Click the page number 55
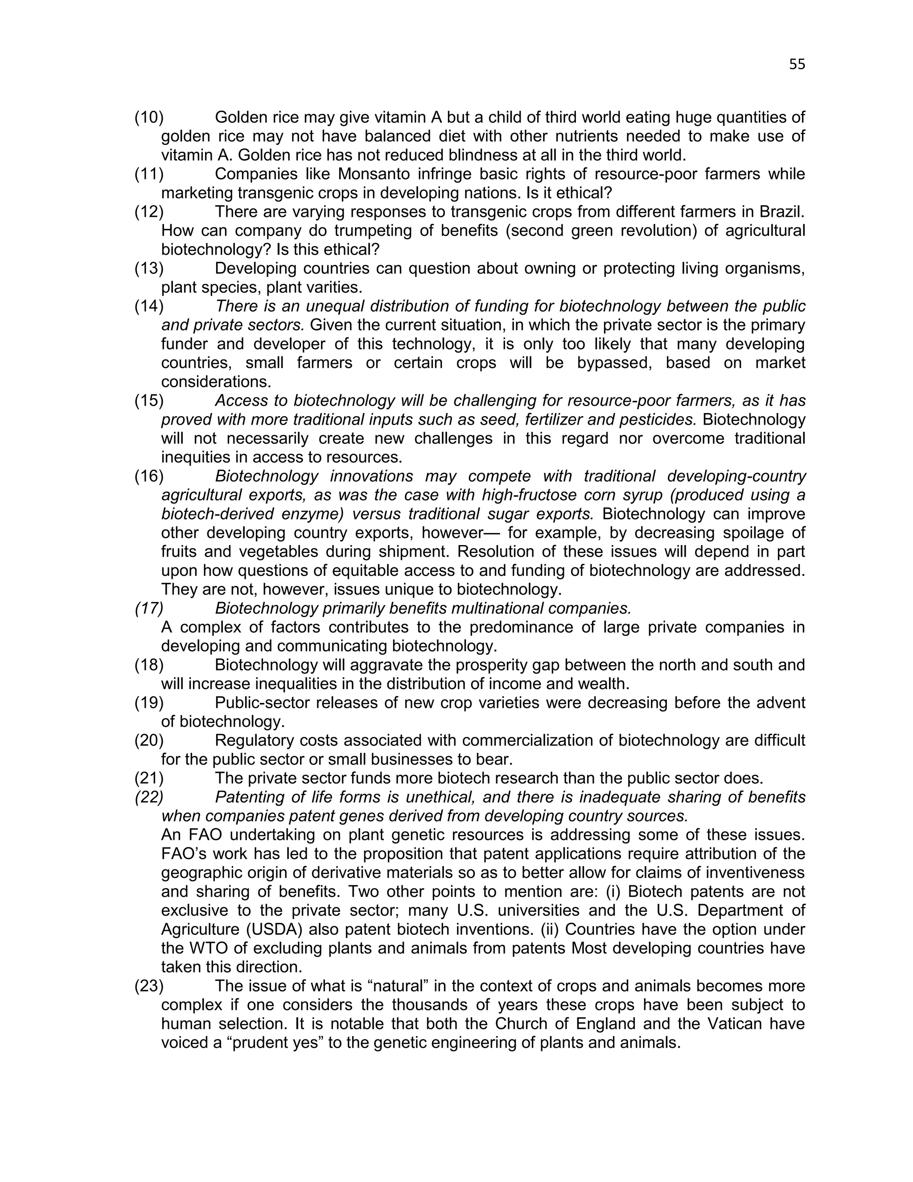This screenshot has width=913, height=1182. click(x=797, y=64)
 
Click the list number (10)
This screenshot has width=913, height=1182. click(x=149, y=117)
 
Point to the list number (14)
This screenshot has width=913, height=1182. click(x=149, y=306)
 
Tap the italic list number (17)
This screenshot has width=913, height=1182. click(x=149, y=608)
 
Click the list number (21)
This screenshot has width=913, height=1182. click(x=149, y=778)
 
